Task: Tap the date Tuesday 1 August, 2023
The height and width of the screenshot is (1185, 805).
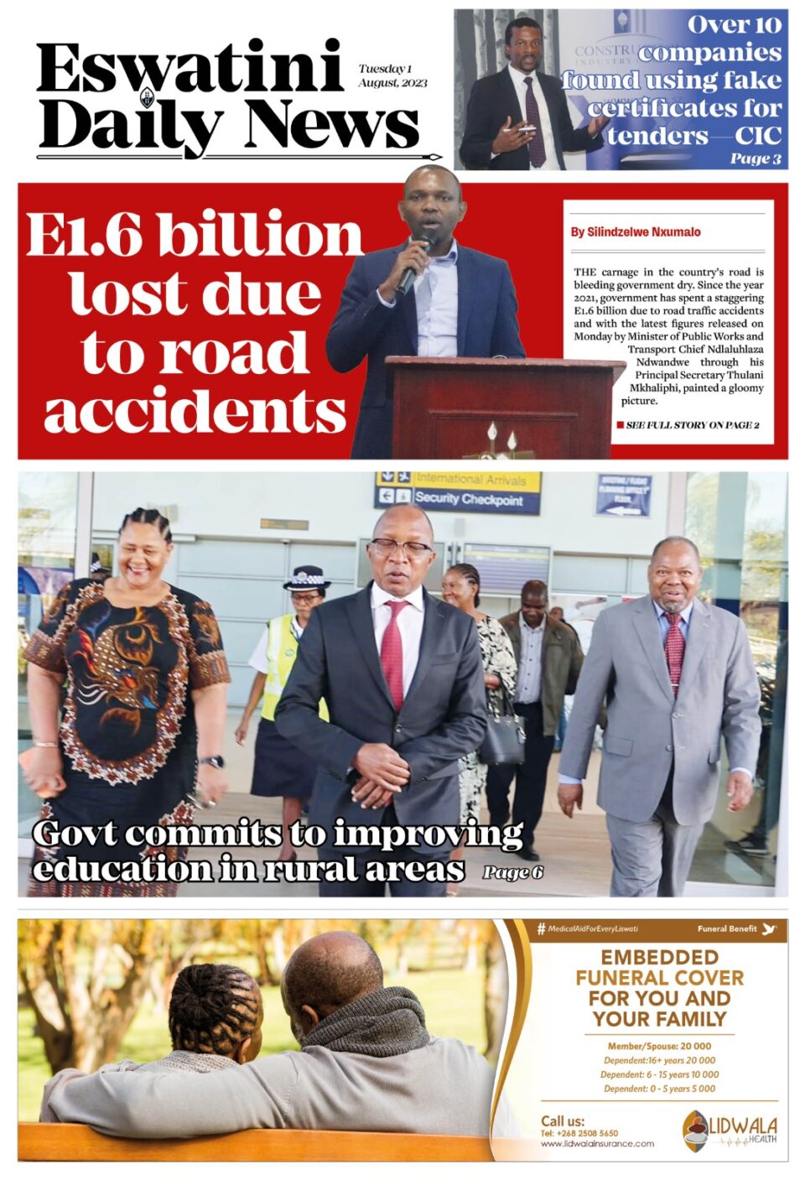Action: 392,75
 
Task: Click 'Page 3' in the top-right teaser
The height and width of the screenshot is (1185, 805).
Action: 755,159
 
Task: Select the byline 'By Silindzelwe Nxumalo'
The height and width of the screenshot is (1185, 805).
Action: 636,232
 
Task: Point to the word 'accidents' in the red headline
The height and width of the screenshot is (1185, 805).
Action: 195,412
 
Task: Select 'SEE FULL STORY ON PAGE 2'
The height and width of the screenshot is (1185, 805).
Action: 692,425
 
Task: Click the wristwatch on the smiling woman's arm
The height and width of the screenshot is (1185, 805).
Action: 212,761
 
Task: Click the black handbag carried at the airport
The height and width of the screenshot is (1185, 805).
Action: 501,738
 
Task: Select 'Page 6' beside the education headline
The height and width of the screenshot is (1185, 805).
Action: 512,873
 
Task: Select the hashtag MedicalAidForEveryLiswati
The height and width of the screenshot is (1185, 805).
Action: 587,928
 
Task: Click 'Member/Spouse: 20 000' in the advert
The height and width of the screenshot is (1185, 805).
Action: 659,1046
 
